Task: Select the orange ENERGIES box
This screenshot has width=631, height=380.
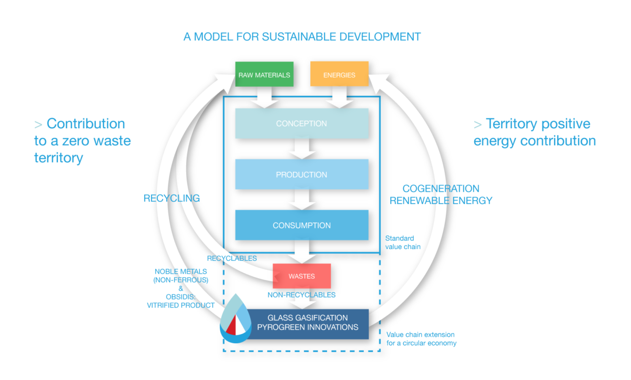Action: [x=339, y=75]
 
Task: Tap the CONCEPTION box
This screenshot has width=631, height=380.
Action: [x=301, y=124]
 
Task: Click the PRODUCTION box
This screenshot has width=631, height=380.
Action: [x=301, y=174]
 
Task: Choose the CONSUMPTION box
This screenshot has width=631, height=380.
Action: [x=301, y=225]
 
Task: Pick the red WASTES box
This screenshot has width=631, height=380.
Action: [x=301, y=275]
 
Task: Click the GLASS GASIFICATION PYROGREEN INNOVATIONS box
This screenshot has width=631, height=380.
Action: [x=308, y=323]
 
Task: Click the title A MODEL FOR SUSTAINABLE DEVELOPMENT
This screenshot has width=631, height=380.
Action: [x=302, y=37]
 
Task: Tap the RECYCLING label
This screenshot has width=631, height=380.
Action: [x=172, y=198]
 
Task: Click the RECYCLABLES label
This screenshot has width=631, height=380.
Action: [x=232, y=259]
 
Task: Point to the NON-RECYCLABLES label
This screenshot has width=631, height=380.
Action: [x=301, y=295]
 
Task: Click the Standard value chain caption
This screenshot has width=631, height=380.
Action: [x=403, y=242]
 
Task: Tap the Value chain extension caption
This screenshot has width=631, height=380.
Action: [x=421, y=339]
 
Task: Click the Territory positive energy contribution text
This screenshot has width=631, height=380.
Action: [x=534, y=132]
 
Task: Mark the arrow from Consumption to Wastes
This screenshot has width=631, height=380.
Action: [x=301, y=251]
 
